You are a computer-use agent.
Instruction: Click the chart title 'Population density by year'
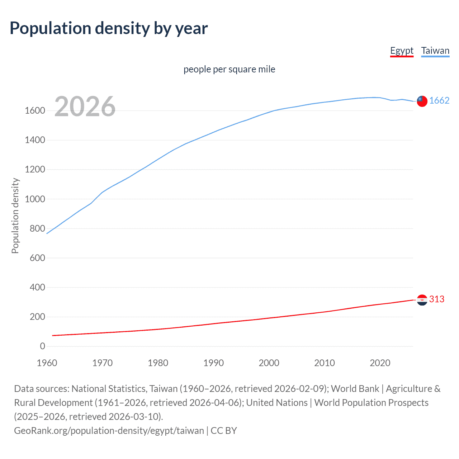click(109, 28)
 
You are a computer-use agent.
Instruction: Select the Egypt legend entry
click(402, 51)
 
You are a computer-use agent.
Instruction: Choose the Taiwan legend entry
click(435, 51)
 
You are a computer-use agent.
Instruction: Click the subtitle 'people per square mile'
click(229, 69)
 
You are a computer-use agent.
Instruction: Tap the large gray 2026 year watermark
click(85, 107)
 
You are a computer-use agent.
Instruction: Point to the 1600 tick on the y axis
click(35, 110)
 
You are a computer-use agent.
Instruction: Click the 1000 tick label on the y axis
click(35, 199)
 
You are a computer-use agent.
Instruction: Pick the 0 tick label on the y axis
click(43, 346)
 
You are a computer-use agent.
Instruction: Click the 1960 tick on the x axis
click(47, 363)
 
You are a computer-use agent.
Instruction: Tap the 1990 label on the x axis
click(213, 363)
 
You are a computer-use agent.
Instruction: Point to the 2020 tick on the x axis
click(380, 363)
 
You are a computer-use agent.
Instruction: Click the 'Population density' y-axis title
click(15, 216)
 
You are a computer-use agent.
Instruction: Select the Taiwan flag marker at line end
click(422, 101)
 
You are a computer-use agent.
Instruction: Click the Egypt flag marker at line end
click(422, 300)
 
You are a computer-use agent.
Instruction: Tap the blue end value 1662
click(439, 100)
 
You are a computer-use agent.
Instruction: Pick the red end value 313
click(437, 299)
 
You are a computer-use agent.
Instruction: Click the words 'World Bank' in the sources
click(355, 389)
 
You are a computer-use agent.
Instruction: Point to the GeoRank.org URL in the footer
click(109, 430)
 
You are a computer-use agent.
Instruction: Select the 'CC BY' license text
click(224, 430)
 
